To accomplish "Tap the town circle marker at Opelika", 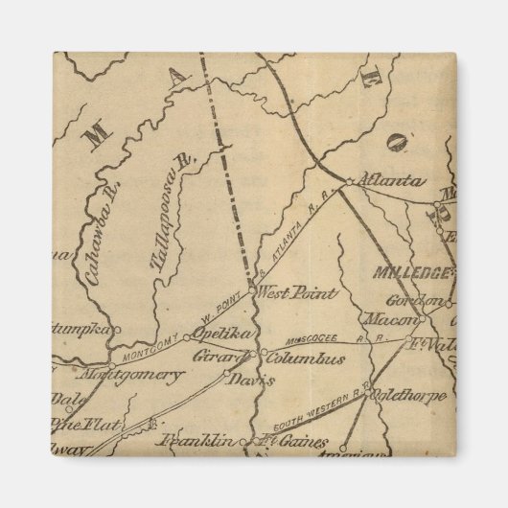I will pyautogui.click(x=189, y=337).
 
